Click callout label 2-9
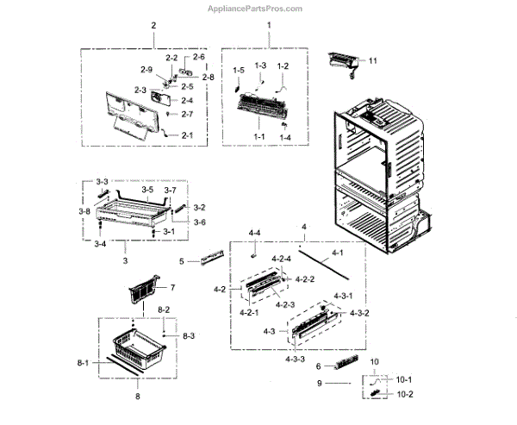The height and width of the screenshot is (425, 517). click(x=146, y=69)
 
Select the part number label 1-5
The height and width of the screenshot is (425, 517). click(x=239, y=69)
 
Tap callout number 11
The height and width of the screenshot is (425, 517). click(x=373, y=62)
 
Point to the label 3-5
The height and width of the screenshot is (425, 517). click(x=147, y=190)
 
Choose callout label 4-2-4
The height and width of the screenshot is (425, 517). click(x=282, y=259)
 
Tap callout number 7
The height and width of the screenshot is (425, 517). click(x=171, y=287)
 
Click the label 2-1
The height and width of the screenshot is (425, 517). click(x=187, y=135)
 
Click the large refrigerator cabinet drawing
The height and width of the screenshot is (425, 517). click(x=379, y=181)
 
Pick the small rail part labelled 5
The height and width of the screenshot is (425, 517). click(x=212, y=259)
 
